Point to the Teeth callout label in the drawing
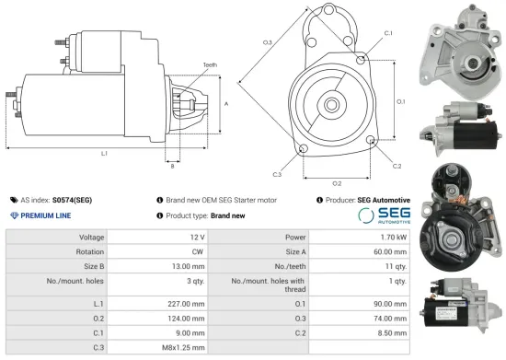point(211,64)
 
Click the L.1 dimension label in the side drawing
point(103,153)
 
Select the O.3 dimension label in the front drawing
point(267,43)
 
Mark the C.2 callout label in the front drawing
point(397,166)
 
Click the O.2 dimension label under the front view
point(337,183)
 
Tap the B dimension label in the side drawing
point(171,167)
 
